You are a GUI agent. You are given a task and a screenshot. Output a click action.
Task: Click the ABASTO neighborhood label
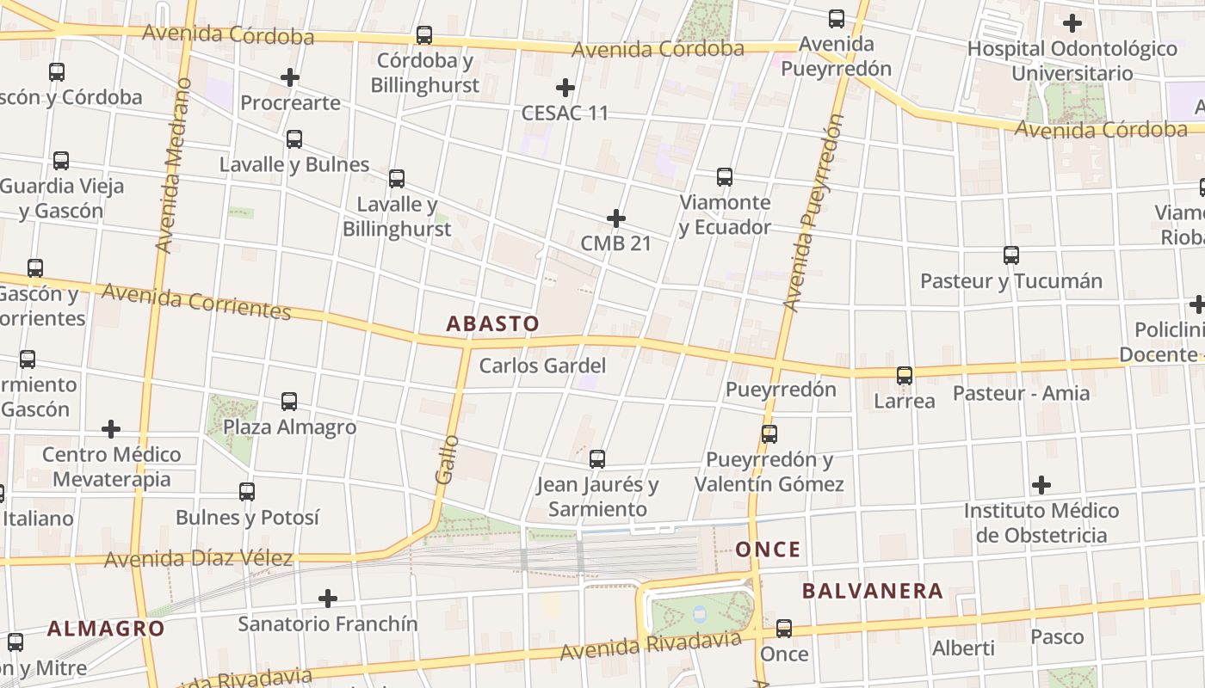(x=492, y=324)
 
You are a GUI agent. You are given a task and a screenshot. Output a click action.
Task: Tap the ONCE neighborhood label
(x=768, y=550)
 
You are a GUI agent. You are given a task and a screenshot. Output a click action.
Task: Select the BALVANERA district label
(x=873, y=591)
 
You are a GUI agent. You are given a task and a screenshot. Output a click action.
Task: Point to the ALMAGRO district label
(x=106, y=628)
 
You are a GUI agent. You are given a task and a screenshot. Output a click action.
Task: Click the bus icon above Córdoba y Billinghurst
(x=424, y=35)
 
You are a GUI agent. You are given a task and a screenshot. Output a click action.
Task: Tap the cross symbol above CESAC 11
(x=565, y=87)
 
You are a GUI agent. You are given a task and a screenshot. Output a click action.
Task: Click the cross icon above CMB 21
(x=616, y=218)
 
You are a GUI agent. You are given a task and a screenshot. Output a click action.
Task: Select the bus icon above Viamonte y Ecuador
(x=725, y=177)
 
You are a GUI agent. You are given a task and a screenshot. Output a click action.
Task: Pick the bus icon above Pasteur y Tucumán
(x=1011, y=255)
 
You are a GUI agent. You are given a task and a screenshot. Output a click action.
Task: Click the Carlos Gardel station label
(x=542, y=365)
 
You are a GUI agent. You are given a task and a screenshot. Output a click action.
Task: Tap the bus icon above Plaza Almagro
(x=289, y=401)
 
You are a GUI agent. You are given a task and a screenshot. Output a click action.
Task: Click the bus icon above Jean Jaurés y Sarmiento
(x=597, y=458)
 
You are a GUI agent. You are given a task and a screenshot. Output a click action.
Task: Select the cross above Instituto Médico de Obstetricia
(x=1041, y=485)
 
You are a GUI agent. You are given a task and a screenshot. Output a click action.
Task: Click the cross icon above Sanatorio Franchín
(x=328, y=598)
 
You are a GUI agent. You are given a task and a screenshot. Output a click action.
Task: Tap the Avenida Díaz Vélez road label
(x=198, y=559)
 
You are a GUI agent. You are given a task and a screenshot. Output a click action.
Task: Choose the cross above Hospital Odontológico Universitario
(x=1072, y=22)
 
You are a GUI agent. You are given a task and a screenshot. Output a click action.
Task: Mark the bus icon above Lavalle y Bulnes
(x=294, y=138)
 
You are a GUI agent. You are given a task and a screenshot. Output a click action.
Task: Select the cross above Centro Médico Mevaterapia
(x=111, y=428)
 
